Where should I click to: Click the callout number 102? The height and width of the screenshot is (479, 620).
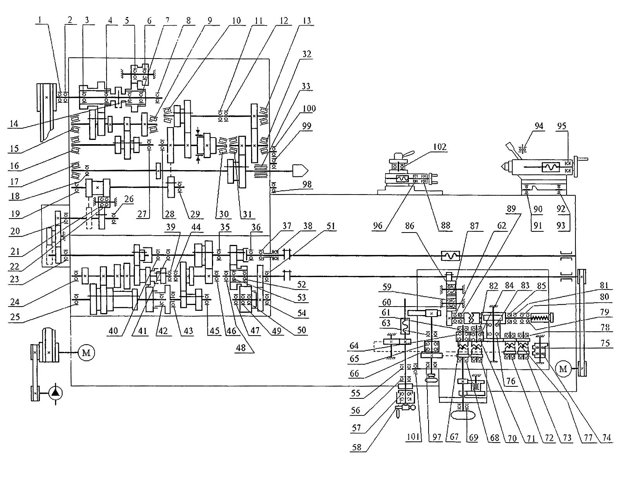(x=440, y=147)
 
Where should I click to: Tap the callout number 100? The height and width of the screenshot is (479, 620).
(x=309, y=109)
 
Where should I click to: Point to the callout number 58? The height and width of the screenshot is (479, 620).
(x=356, y=448)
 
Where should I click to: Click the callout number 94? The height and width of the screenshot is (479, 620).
(x=539, y=126)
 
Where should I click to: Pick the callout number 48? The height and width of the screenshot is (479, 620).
(x=241, y=348)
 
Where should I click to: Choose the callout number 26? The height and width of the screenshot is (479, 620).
(x=129, y=199)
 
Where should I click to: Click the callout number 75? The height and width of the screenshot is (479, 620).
(x=605, y=343)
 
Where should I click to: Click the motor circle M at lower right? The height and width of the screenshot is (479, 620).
(x=563, y=369)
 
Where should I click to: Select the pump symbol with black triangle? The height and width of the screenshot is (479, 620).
(x=56, y=393)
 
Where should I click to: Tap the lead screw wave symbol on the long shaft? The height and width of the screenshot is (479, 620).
(x=451, y=256)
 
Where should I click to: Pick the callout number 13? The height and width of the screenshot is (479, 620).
(x=307, y=20)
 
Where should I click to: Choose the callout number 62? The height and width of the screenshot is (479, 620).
(x=501, y=226)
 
